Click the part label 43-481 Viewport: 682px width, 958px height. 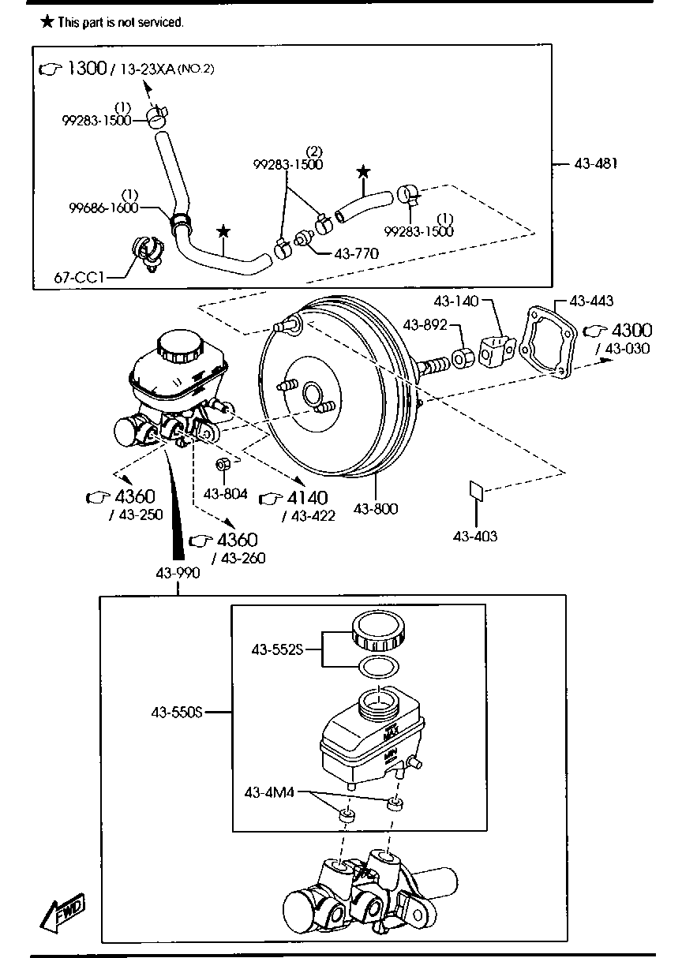coord(596,163)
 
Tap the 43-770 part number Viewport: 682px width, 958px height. coord(357,253)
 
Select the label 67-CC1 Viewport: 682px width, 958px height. coord(79,278)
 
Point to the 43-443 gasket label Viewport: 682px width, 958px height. coord(591,301)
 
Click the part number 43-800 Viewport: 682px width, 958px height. coord(375,508)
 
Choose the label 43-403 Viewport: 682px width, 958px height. coord(475,536)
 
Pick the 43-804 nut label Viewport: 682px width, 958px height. coord(226,494)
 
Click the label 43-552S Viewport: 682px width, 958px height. coord(277,649)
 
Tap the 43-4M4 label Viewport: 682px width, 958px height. coord(269,792)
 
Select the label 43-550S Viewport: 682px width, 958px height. coord(177,712)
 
